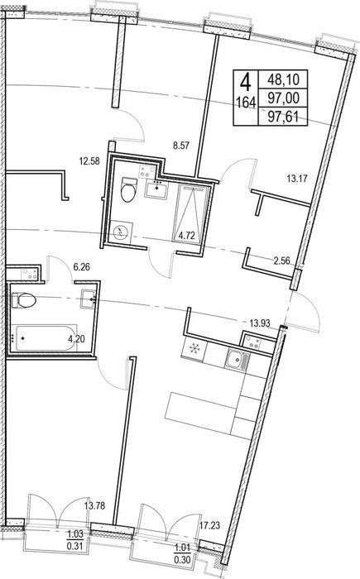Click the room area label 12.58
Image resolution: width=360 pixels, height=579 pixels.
point(89,161)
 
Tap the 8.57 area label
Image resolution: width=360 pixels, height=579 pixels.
point(181,146)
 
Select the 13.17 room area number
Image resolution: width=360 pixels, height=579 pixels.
point(297,179)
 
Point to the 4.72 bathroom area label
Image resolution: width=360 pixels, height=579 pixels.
point(187,236)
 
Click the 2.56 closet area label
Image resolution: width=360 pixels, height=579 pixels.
point(281,261)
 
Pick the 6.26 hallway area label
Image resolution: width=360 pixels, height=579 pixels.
point(82,266)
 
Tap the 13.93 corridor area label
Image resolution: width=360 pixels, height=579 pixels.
point(260,323)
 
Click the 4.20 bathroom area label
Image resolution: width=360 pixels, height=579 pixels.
point(76,338)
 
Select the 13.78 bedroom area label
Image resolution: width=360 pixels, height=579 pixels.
point(94,505)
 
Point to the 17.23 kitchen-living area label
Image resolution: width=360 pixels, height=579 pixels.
point(210,525)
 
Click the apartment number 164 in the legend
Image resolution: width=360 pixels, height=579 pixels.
point(246,103)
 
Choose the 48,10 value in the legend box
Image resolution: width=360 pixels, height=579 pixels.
point(283,79)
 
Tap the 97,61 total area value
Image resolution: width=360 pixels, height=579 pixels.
point(283,117)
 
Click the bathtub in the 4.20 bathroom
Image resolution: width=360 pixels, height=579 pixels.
point(45,338)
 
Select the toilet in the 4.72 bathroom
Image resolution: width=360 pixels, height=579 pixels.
point(129,189)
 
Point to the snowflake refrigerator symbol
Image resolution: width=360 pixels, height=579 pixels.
point(194,348)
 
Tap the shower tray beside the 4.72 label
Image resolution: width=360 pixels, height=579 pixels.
point(192,213)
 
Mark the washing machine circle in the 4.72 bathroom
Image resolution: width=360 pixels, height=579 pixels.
point(121,232)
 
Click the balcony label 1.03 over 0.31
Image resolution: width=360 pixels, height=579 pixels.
point(75,540)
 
